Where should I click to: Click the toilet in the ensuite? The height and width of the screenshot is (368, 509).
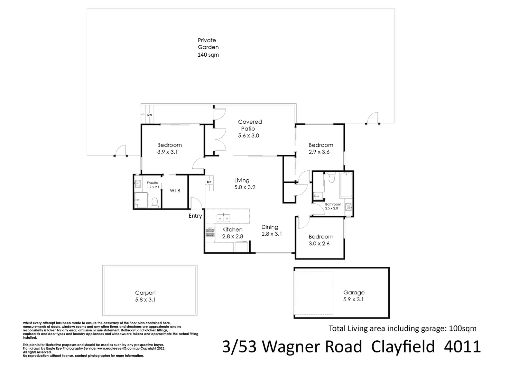pos(155,202)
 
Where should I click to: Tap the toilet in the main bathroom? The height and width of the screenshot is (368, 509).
pos(332,178)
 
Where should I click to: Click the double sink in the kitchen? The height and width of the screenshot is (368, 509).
pos(223,218)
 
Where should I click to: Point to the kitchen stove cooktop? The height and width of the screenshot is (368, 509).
pos(210,231)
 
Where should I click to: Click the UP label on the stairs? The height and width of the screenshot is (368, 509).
pos(209,182)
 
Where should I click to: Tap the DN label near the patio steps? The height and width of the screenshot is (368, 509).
pos(149,115)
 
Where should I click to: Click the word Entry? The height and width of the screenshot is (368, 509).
pos(195,216)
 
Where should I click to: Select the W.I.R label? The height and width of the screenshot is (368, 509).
pos(175,191)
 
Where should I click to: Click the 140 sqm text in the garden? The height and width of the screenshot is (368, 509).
pos(208,55)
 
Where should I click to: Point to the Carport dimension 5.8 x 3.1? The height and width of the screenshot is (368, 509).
pos(145,300)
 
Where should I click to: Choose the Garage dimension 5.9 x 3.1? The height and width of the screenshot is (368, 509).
pos(353,299)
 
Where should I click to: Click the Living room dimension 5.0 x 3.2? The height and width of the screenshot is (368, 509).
pos(245,187)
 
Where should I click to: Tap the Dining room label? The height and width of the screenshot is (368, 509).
pos(270,227)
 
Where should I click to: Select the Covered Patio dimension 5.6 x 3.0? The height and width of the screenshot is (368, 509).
pos(248,135)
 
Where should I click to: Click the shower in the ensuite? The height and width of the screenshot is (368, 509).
pos(141,201)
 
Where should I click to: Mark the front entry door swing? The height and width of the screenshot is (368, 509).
pos(194,202)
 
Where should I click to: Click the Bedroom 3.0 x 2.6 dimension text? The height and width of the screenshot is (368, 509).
pos(319,244)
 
